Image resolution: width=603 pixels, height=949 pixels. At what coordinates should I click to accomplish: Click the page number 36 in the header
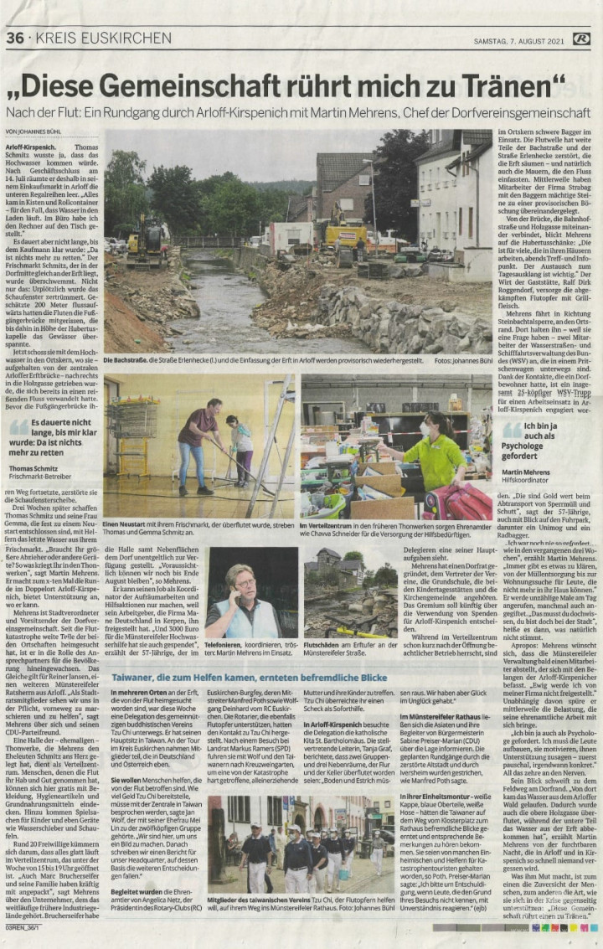[15, 38]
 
